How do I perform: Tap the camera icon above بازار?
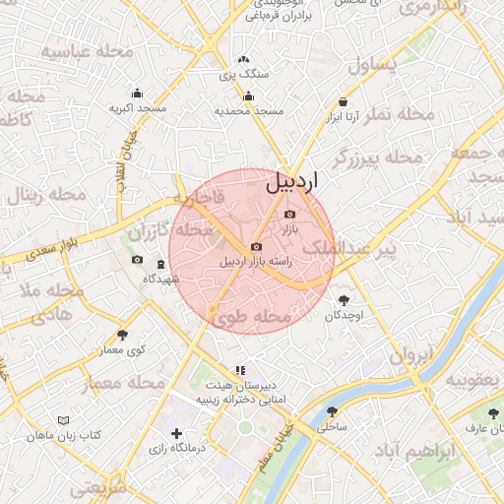pyautogui.click(x=289, y=214)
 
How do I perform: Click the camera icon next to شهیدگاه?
pyautogui.click(x=137, y=261)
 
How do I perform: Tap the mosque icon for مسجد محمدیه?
pyautogui.click(x=249, y=96)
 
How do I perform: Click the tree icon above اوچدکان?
pyautogui.click(x=344, y=299)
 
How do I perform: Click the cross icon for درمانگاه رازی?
pyautogui.click(x=176, y=433)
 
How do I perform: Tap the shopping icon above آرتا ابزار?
pyautogui.click(x=343, y=100)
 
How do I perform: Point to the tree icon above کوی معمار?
pyautogui.click(x=122, y=335)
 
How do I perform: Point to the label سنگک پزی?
pyautogui.click(x=235, y=76)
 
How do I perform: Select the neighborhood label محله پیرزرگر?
pyautogui.click(x=376, y=157)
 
